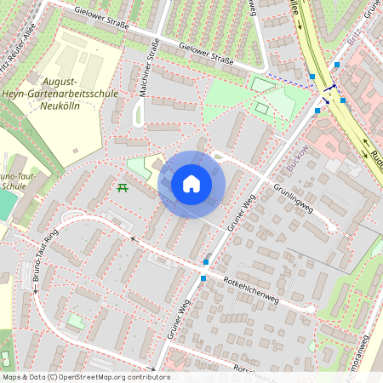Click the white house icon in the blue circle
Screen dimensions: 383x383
click(x=191, y=183)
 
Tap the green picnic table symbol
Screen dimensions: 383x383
click(x=122, y=186)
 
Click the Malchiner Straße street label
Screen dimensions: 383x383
click(x=145, y=71)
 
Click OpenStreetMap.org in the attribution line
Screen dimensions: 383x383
click(x=105, y=377)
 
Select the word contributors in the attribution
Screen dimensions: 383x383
click(x=147, y=377)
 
